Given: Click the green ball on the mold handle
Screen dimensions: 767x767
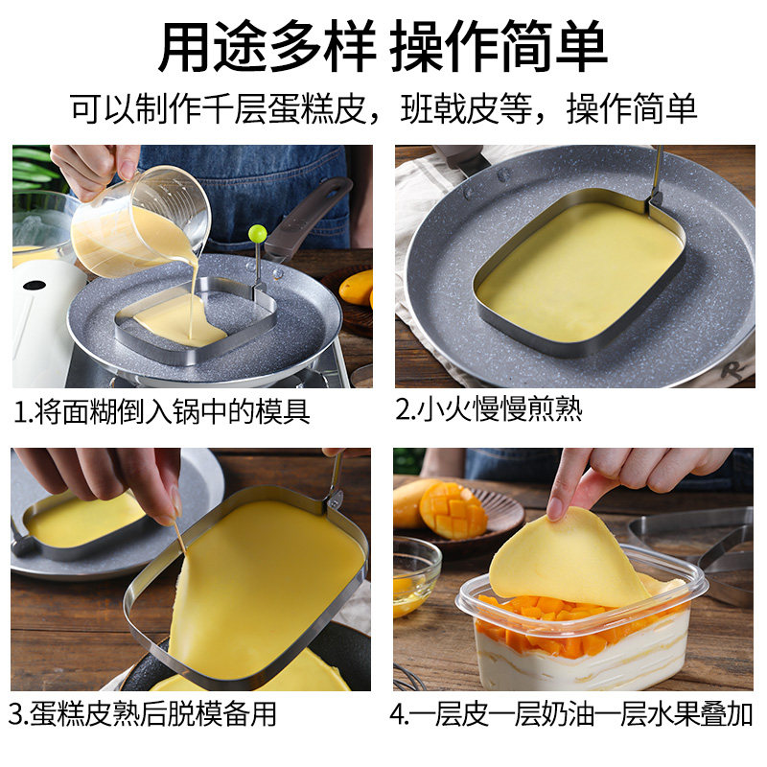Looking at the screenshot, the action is pyautogui.click(x=257, y=233).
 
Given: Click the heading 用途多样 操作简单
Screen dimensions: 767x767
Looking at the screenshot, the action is pyautogui.click(x=383, y=46).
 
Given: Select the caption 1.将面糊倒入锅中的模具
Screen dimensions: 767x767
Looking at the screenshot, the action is pyautogui.click(x=162, y=411).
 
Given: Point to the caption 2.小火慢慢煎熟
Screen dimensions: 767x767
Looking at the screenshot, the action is pyautogui.click(x=489, y=409).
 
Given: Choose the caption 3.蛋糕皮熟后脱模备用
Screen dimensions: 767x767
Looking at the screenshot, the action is pyautogui.click(x=142, y=713).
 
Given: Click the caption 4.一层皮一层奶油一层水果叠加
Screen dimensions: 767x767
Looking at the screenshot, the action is pyautogui.click(x=570, y=713).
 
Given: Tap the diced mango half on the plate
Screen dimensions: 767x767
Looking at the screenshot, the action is pyautogui.click(x=453, y=510).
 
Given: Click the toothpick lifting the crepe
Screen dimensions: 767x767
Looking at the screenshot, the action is pyautogui.click(x=178, y=537).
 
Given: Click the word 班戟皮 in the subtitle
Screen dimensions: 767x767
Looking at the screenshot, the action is pyautogui.click(x=449, y=108).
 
